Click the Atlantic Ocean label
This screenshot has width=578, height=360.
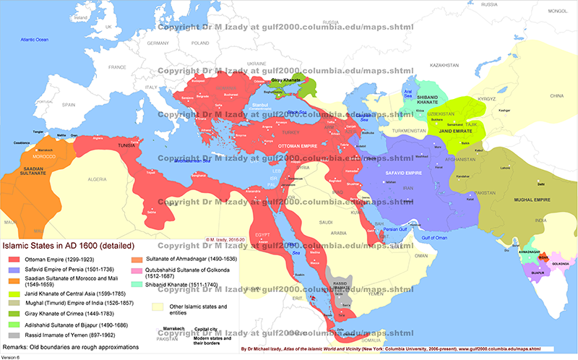tap(34, 39)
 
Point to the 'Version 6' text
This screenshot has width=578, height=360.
tap(12, 356)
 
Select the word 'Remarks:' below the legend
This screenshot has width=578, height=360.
tap(18, 346)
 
